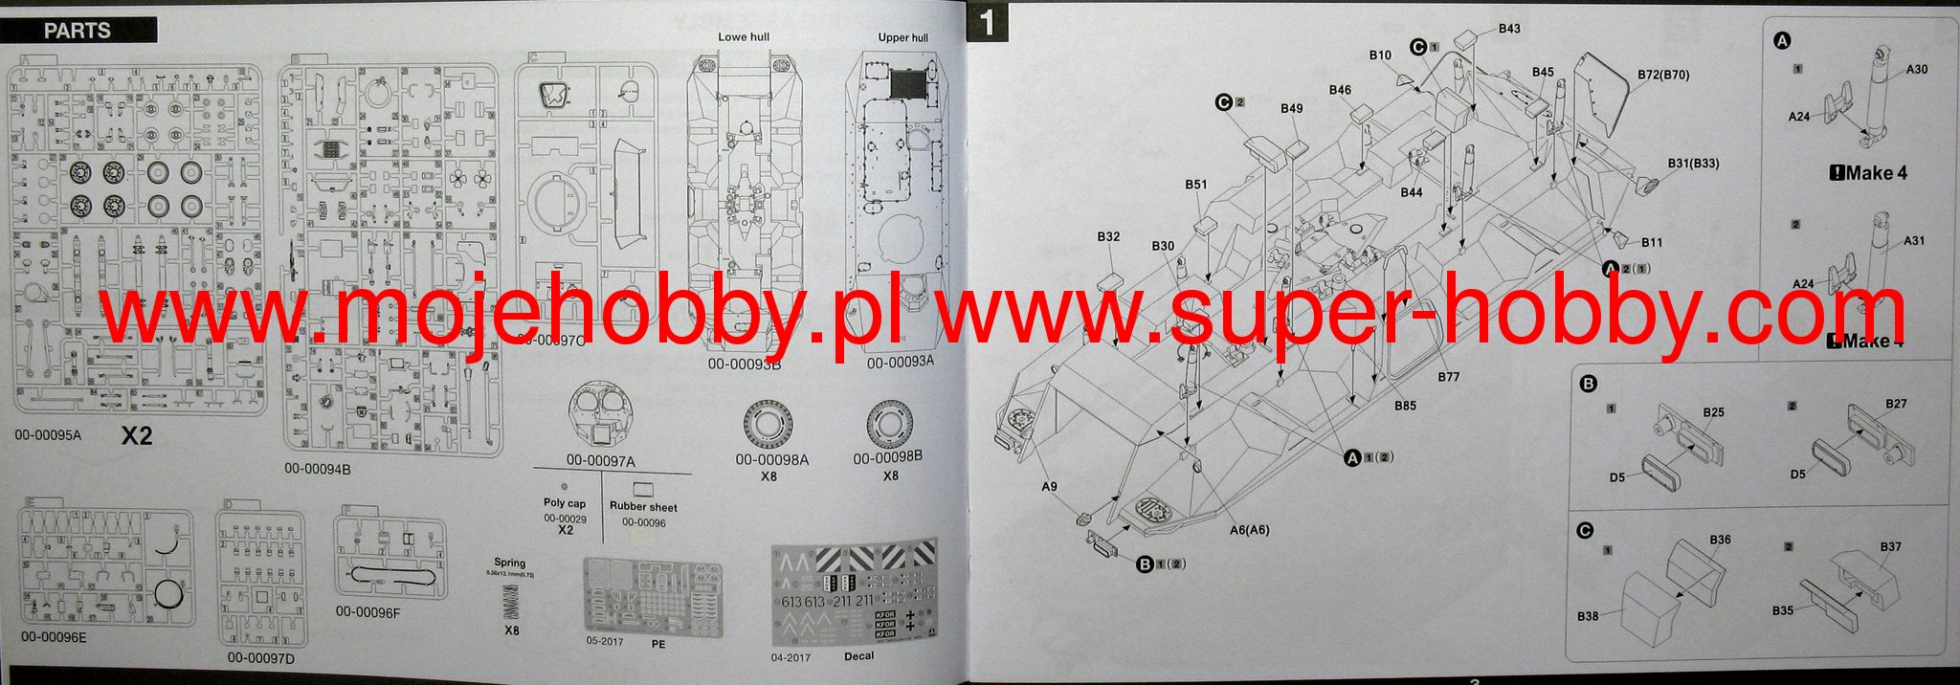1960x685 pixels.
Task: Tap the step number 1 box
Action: [988, 23]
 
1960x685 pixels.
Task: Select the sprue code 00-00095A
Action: [49, 435]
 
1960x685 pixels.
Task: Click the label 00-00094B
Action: [318, 469]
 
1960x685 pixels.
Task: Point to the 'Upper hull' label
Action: [902, 37]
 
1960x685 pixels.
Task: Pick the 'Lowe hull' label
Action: [744, 36]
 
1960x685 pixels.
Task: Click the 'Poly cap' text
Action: [565, 502]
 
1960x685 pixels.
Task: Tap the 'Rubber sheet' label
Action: [643, 507]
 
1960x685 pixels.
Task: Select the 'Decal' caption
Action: [858, 655]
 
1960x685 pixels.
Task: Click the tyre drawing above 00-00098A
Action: [771, 426]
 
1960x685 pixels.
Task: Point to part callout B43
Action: [1509, 29]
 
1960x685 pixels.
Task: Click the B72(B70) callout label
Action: [1663, 75]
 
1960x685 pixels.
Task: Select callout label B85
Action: [1405, 406]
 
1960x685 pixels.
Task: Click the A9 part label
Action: [1049, 487]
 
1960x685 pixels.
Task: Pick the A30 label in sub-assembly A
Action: [1917, 70]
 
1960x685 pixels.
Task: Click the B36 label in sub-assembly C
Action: [1720, 540]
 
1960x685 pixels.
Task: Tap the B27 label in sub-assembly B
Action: [1896, 404]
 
